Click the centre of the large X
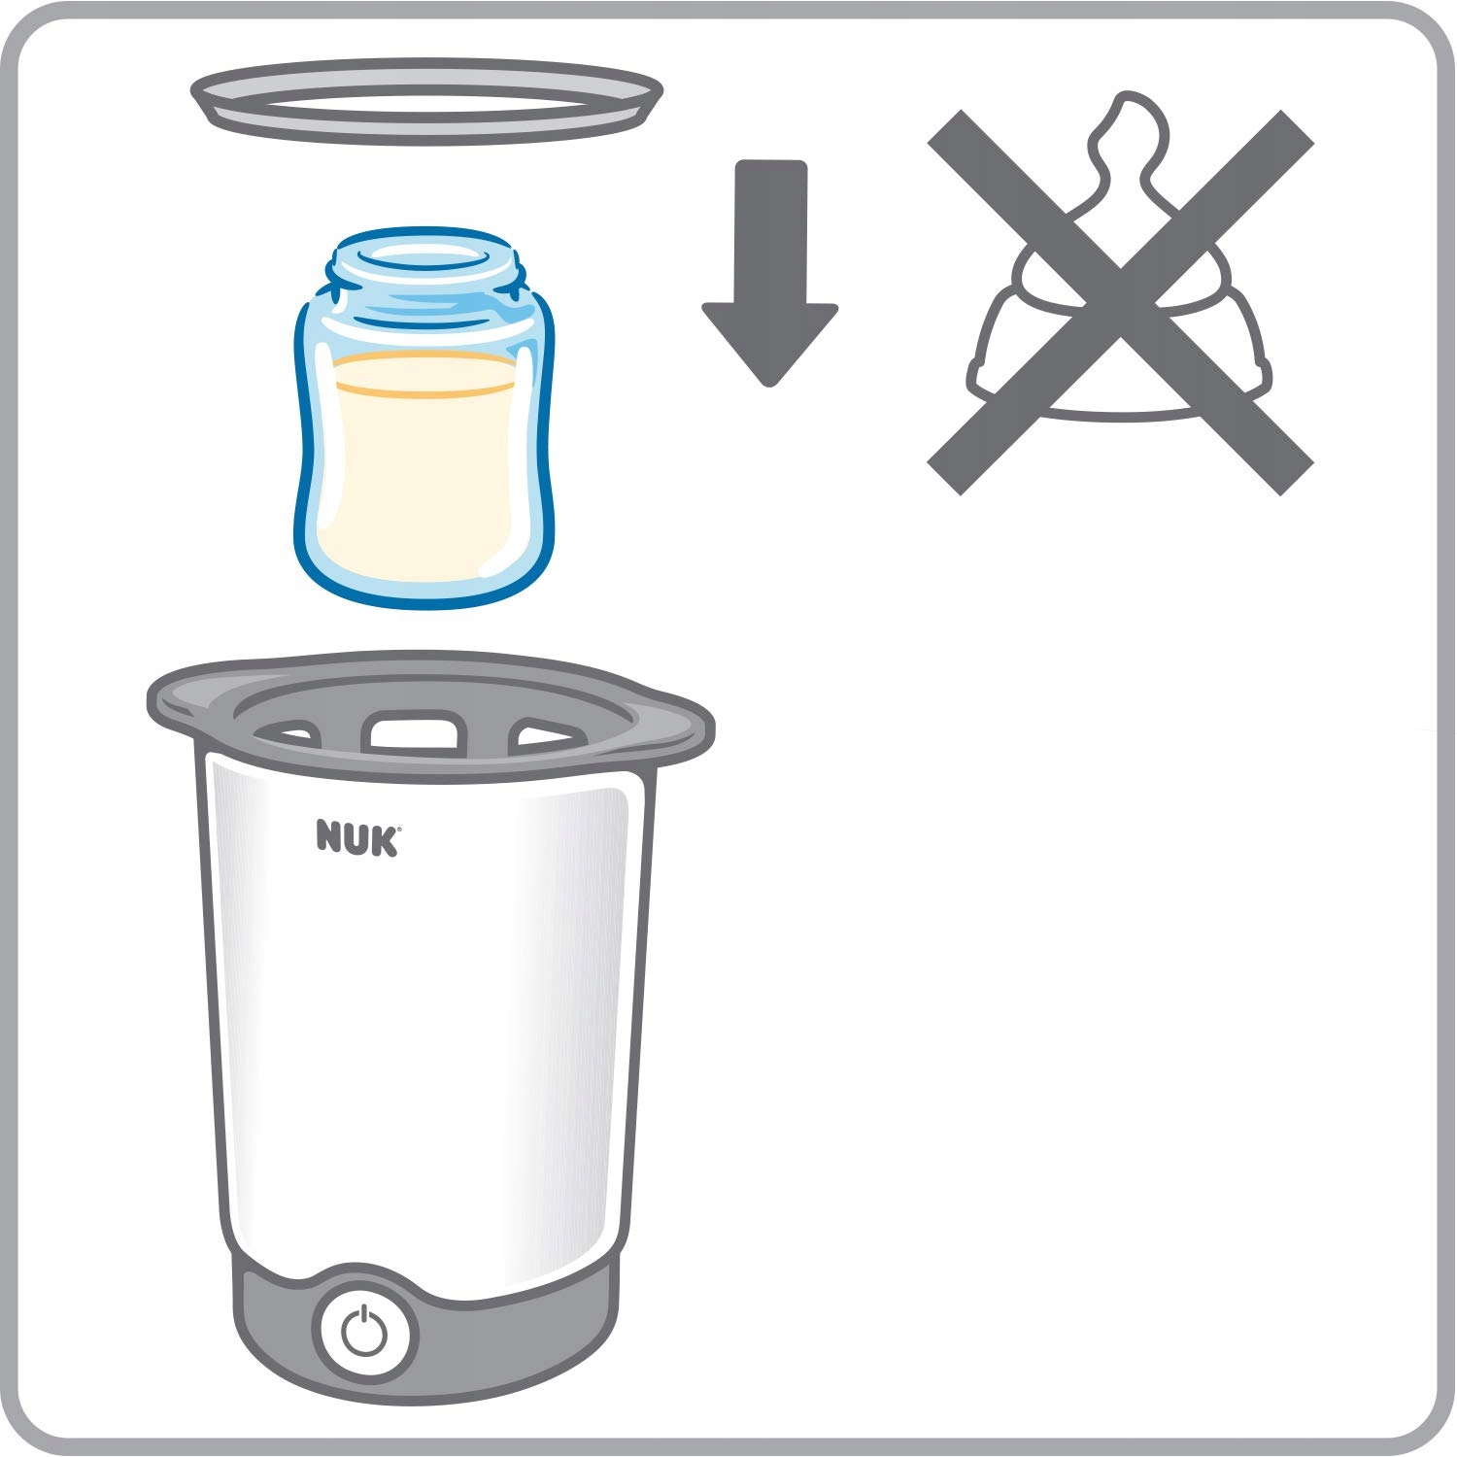pos(1121,302)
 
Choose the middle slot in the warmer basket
pos(413,729)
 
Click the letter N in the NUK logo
pos(330,838)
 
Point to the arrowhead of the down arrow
pos(770,345)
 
